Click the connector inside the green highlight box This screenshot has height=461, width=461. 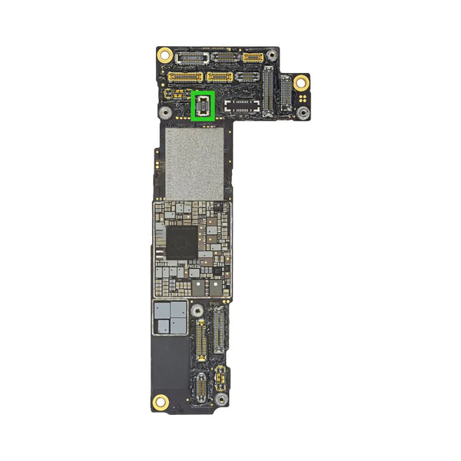pos(202,105)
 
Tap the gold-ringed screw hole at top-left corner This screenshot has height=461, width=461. pos(164,55)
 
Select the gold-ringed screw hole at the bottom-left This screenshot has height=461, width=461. pos(161,400)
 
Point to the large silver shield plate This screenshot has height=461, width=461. pos(195,163)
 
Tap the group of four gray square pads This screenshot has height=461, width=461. pos(171,317)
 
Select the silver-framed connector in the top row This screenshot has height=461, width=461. pos(188,58)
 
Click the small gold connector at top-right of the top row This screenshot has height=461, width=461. pos(253,58)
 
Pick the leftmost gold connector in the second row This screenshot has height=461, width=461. pos(185,77)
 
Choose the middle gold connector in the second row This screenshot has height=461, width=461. pos(219,77)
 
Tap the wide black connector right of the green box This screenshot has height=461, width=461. pos(241,105)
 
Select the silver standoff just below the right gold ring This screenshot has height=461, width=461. pos(303,113)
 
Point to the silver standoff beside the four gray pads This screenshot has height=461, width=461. pos(197,310)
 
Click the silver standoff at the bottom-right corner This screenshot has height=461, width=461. pos(220,400)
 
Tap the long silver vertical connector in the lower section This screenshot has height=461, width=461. pos(217,329)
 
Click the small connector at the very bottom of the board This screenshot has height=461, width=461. pos(199,387)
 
